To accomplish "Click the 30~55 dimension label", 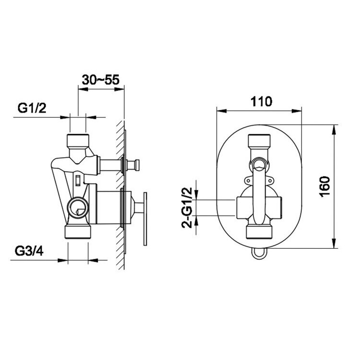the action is pyautogui.click(x=101, y=80).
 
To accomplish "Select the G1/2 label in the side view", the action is pyautogui.click(x=32, y=108).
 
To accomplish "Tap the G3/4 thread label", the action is pyautogui.click(x=29, y=251).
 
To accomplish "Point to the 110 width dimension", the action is pyautogui.click(x=261, y=102).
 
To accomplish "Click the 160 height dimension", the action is pyautogui.click(x=325, y=187).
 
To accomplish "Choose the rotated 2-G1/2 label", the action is pyautogui.click(x=186, y=208).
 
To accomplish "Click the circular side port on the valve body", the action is pyautogui.click(x=78, y=208).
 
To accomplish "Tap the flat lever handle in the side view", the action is pyautogui.click(x=145, y=219).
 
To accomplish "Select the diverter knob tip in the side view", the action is pyautogui.click(x=137, y=165).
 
